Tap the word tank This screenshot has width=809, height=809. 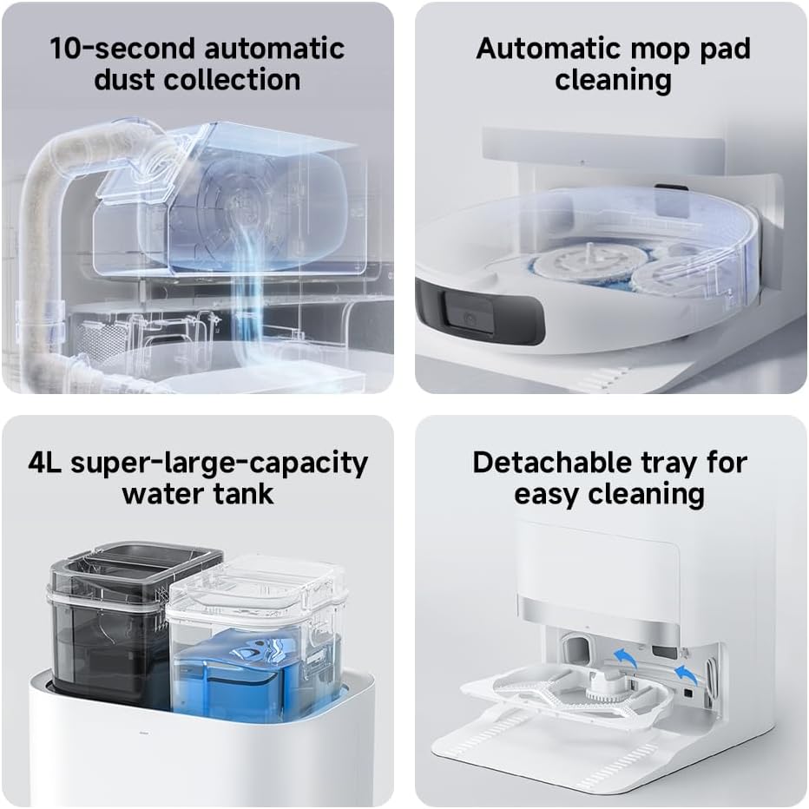coord(245,494)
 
